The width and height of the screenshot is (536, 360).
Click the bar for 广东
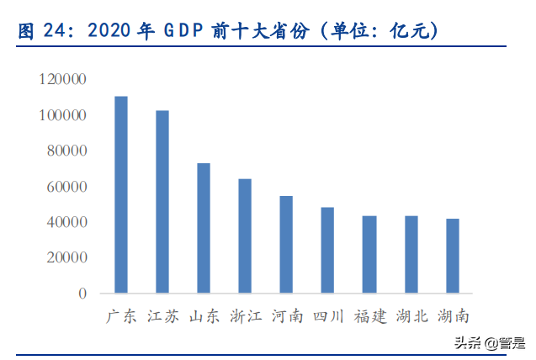click(x=121, y=195)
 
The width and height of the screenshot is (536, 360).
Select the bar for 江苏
click(x=162, y=202)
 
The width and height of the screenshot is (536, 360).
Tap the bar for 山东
click(x=204, y=228)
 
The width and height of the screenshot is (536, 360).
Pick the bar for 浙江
click(x=245, y=236)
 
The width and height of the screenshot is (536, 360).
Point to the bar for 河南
click(x=286, y=245)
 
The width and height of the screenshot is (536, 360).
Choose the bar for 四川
click(x=327, y=251)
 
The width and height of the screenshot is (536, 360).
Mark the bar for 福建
click(x=369, y=255)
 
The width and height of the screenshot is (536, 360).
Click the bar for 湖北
click(x=411, y=255)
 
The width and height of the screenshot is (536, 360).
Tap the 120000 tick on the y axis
click(x=63, y=79)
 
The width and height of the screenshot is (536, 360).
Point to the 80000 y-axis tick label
click(x=66, y=151)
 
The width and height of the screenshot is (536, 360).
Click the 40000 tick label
click(x=66, y=222)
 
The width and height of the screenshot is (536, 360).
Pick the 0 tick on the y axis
click(x=82, y=294)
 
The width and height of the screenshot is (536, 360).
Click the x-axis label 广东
click(x=121, y=316)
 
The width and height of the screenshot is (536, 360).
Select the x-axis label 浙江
click(x=245, y=316)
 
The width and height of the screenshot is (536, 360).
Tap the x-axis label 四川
click(x=327, y=316)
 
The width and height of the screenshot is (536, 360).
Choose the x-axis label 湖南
click(x=452, y=316)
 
